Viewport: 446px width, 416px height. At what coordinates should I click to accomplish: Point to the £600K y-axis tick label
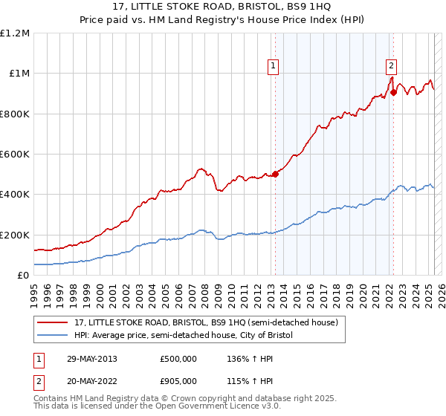pos(15,155)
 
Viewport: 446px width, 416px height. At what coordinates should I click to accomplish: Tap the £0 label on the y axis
pos(22,275)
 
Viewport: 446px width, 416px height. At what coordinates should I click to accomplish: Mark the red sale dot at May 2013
pos(275,174)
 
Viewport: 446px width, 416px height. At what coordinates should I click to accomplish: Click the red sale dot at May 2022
pos(393,93)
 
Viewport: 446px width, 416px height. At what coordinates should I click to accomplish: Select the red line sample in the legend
pos(54,322)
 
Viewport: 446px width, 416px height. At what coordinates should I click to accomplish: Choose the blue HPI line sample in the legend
pos(54,336)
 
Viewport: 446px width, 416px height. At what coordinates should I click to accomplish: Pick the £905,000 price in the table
pos(178,381)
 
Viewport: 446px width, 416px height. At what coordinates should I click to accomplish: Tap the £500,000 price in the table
pos(178,359)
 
